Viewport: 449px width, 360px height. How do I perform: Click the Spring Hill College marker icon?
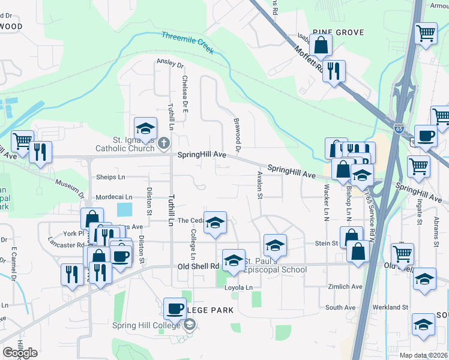coord(190,325)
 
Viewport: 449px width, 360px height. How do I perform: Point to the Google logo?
coord(20,353)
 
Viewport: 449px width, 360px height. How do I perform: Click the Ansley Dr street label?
coord(170,61)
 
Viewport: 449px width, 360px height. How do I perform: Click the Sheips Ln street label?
coord(111,177)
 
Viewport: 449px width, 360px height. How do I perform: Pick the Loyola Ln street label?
coord(239,287)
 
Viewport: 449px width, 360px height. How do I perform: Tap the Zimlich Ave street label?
coord(345,287)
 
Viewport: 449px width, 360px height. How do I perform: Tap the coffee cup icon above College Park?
coord(175,308)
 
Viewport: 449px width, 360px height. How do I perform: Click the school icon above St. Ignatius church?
coord(145,127)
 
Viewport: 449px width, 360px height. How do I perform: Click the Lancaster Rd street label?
coord(67,245)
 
